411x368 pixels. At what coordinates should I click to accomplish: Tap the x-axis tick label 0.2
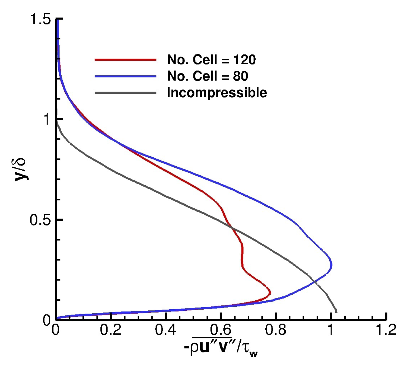(x=111, y=330)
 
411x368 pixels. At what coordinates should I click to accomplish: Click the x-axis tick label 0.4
(x=166, y=330)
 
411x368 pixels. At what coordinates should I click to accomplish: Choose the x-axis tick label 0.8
(x=276, y=330)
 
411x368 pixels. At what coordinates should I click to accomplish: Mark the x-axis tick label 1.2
(x=386, y=330)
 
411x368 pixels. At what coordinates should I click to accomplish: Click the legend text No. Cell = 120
(x=211, y=60)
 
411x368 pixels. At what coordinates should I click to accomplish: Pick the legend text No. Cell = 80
(x=208, y=76)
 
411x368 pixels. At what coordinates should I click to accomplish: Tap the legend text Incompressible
(x=217, y=93)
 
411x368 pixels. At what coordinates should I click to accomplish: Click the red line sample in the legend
(x=125, y=60)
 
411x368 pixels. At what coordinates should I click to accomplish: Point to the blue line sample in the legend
(x=125, y=76)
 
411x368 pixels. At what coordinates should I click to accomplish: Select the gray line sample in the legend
(x=125, y=93)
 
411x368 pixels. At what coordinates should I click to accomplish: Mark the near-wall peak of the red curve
(x=270, y=293)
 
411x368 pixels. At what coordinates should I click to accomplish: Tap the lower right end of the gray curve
(x=336, y=312)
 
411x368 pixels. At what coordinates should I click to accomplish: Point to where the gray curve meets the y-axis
(x=57, y=122)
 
